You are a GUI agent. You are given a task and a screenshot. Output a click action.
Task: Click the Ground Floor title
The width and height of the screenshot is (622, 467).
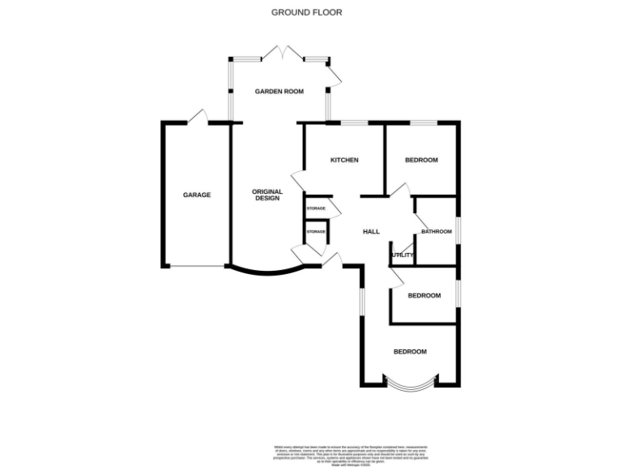[x=306, y=12]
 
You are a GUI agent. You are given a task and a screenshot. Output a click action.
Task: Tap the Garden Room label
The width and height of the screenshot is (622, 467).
[x=279, y=92]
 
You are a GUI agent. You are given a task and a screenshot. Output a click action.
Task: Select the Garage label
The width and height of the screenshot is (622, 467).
[x=197, y=195]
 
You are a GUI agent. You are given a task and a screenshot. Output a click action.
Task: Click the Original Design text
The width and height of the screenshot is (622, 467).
[x=268, y=195]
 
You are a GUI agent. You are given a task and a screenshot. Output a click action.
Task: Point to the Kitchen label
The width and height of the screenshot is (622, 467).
[x=344, y=160]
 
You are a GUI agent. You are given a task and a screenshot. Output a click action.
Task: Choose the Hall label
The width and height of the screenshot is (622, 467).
[x=371, y=232]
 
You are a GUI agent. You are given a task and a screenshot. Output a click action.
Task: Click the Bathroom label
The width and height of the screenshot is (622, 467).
[x=436, y=232]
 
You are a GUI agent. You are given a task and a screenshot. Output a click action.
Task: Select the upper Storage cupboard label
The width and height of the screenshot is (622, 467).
[x=316, y=208]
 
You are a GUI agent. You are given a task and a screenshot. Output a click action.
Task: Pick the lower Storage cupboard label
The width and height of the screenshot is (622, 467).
[x=316, y=232]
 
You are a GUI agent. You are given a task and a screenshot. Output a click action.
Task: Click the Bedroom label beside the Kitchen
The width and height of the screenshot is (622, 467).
[x=421, y=160]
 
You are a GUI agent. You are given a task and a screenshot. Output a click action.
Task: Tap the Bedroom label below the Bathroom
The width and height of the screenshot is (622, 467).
[x=424, y=295]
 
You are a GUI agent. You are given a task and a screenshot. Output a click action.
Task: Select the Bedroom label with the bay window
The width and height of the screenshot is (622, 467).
[x=410, y=351]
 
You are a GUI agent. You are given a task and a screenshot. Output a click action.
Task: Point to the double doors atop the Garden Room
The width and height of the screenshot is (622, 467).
[x=280, y=54]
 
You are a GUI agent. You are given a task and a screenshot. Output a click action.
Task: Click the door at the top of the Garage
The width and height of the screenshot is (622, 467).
[x=197, y=118]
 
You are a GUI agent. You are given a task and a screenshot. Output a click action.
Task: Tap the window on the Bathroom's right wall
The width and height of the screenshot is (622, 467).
[x=458, y=230]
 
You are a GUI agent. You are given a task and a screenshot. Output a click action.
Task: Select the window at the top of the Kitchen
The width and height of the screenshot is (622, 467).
[x=354, y=122]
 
